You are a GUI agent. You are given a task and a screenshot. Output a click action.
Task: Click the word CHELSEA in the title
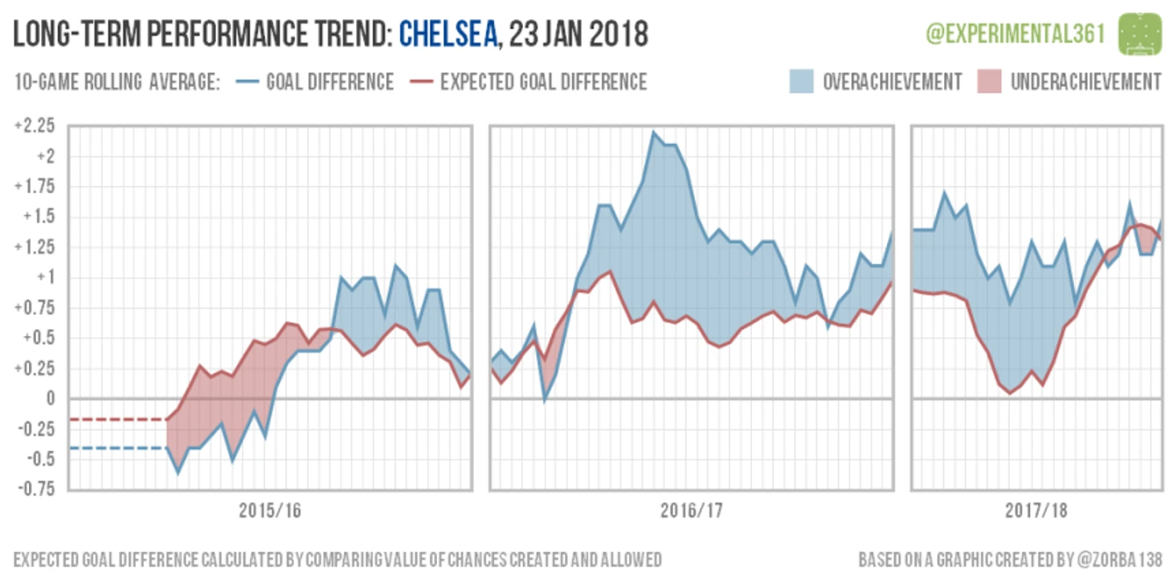tap(448, 35)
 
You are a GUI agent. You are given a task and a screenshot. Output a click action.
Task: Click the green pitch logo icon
tap(1140, 33)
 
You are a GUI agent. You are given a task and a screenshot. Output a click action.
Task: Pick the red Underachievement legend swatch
tap(989, 81)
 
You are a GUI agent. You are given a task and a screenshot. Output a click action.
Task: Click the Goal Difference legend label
tap(329, 82)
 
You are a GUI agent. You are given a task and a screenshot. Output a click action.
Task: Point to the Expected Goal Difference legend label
tap(543, 82)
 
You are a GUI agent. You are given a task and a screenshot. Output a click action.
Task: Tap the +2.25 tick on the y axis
tap(34, 126)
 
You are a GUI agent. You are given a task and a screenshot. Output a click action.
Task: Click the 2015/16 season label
tap(270, 511)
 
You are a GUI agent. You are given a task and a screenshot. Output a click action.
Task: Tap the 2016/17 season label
tap(691, 511)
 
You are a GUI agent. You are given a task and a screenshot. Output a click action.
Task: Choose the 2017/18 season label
tap(1036, 511)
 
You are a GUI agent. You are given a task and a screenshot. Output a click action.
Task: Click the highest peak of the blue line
tap(653, 133)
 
